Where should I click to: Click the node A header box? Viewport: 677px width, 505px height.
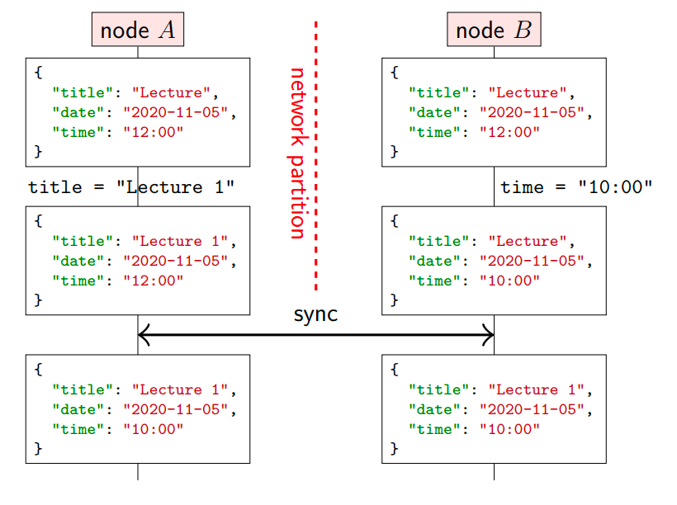[138, 30]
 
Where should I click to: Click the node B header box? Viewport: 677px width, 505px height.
[494, 30]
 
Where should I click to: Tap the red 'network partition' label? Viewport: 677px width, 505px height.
[297, 153]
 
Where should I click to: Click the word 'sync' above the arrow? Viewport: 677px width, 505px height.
[315, 314]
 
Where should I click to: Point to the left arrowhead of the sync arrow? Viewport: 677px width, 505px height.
[144, 334]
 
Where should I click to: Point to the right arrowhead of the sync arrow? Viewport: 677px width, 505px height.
[488, 334]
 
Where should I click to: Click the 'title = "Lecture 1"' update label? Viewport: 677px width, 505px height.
[131, 187]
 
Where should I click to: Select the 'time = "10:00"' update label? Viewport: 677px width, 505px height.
[576, 187]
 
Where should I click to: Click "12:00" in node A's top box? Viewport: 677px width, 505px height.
[154, 132]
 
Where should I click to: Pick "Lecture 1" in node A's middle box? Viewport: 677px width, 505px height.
[184, 241]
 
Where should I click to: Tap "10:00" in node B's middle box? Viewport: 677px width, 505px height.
[509, 281]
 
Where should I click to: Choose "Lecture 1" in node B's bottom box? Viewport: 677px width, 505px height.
[541, 389]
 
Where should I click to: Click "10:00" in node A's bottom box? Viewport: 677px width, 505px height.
[154, 429]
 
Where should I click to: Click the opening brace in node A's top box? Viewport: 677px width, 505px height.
[39, 72]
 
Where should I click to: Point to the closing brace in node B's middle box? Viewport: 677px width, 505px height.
[394, 300]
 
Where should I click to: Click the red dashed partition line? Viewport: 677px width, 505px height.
[316, 155]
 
